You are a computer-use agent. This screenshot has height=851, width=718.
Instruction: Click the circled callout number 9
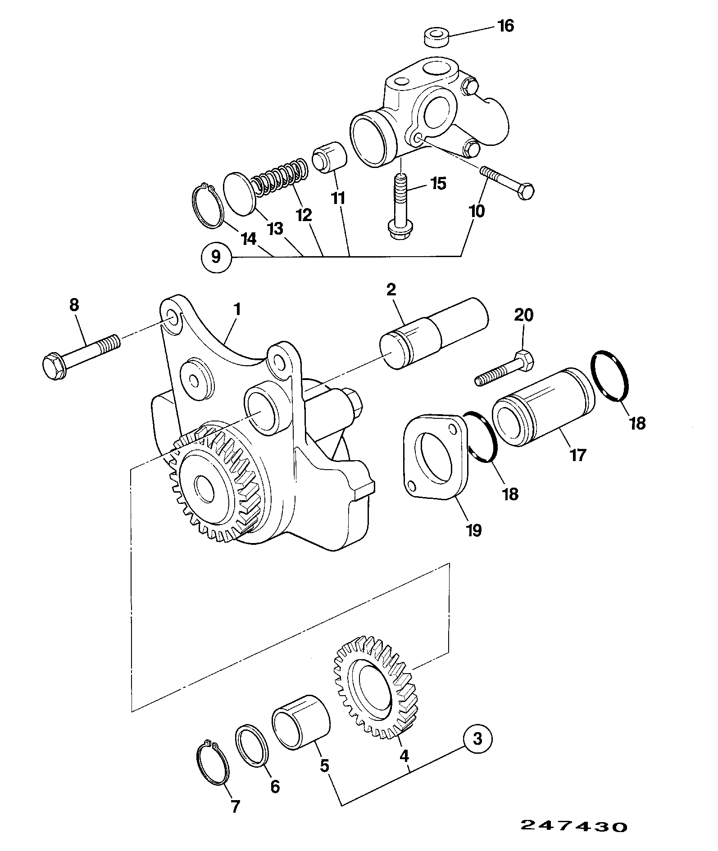(x=216, y=257)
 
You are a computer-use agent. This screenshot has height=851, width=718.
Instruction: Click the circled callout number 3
(x=477, y=739)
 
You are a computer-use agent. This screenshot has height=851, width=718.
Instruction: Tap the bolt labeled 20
(x=504, y=369)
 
